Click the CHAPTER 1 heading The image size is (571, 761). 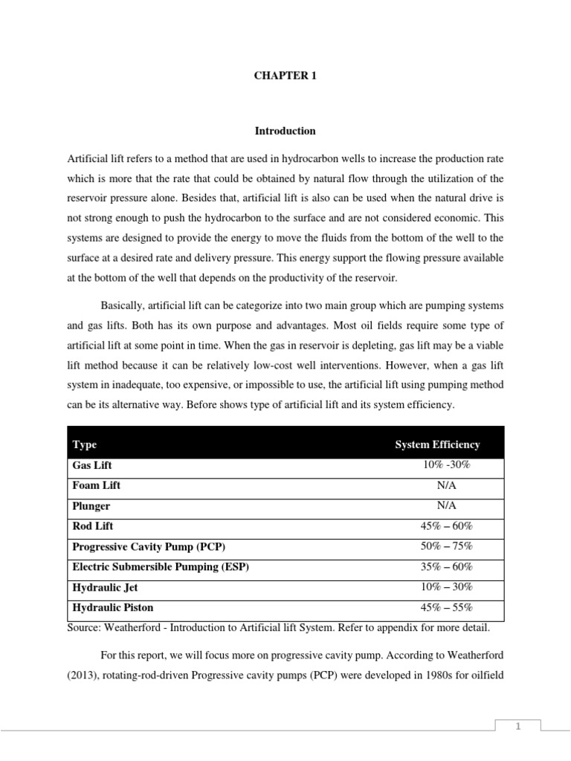285,76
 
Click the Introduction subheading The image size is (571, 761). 285,131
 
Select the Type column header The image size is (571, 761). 85,444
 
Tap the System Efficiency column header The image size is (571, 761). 437,444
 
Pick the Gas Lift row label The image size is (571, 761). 92,465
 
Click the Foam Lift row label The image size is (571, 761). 97,485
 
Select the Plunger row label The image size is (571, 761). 91,506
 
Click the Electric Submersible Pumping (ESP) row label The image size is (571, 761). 161,566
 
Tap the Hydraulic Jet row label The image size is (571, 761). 105,587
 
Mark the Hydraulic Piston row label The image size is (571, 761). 113,607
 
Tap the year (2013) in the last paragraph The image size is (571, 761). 86,676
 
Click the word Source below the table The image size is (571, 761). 86,628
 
